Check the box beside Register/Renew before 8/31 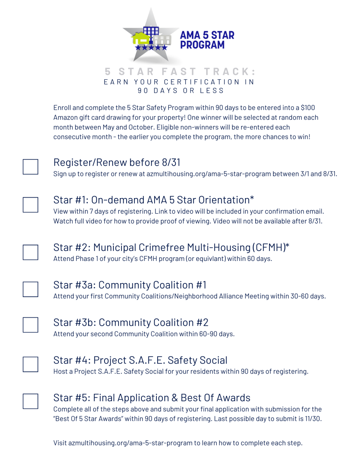coord(30,167)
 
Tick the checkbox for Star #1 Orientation coord(30,205)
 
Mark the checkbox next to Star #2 coord(30,252)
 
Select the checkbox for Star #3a coord(30,289)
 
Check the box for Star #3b coord(30,325)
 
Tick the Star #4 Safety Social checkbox coord(30,364)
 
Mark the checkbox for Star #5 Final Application coord(30,401)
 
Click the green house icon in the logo coord(141,38)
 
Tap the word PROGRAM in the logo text coord(202,45)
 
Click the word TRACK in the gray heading coord(230,72)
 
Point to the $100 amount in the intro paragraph coord(310,108)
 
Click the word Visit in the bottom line coord(60,443)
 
